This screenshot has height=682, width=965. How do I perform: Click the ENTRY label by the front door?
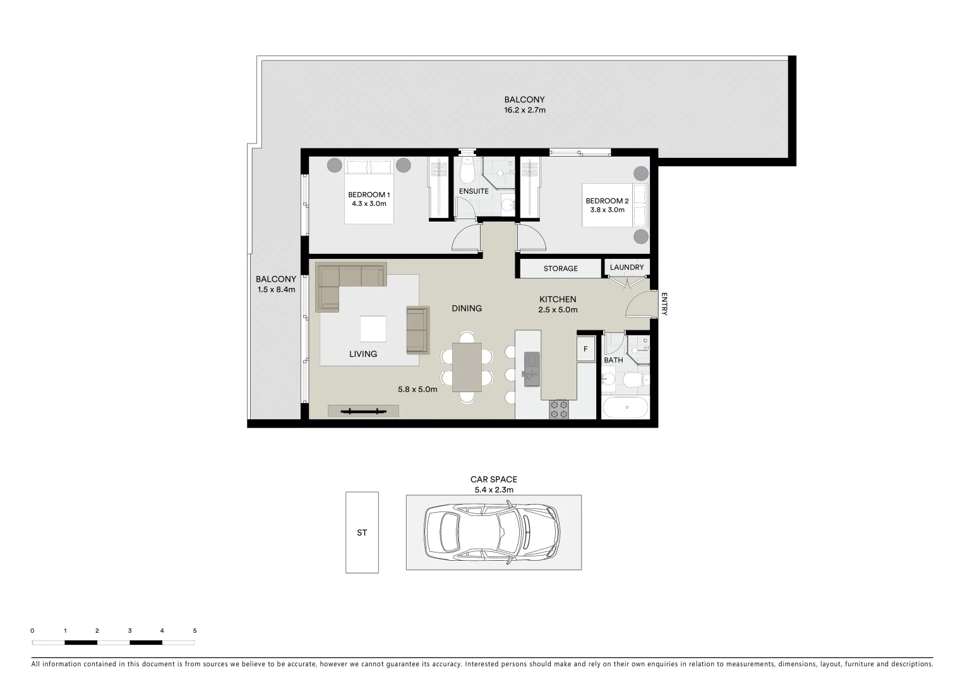tap(664, 304)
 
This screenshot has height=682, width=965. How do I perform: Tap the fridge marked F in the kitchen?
tap(585, 349)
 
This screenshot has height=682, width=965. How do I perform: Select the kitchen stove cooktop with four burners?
tap(559, 409)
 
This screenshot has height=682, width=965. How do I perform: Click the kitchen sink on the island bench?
tap(532, 368)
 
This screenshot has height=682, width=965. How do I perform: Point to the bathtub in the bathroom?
tap(625, 407)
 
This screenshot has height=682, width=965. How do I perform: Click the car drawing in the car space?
tap(493, 532)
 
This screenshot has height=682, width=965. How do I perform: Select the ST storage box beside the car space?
tap(362, 532)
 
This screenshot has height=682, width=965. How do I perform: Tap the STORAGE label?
tap(560, 268)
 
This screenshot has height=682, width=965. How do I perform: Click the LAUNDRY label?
tap(626, 267)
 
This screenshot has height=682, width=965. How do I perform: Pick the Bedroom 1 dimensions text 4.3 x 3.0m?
tap(369, 204)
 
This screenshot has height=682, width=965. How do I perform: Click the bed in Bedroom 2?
tap(615, 206)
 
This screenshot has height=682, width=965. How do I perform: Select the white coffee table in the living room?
tap(373, 328)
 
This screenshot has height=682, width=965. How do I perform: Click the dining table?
tap(467, 368)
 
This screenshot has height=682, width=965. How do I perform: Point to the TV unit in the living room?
tap(363, 411)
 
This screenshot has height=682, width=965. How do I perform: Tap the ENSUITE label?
tap(474, 191)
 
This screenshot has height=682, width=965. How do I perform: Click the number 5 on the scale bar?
tap(195, 630)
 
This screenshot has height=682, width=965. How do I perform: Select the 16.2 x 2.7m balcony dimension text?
tap(524, 110)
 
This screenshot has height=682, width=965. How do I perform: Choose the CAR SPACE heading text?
tap(493, 479)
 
